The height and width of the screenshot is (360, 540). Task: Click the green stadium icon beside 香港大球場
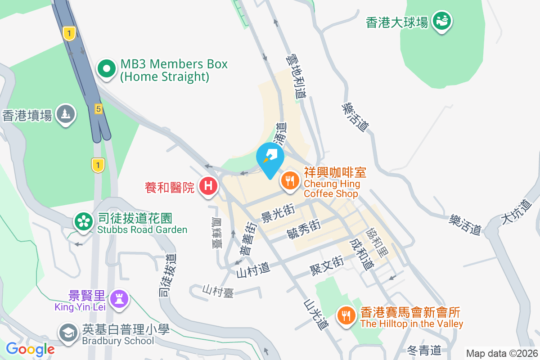[441, 20]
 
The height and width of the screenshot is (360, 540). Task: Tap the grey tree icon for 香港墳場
[66, 115]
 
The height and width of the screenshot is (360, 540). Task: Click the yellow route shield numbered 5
[98, 108]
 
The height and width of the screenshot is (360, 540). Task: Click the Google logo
[30, 349]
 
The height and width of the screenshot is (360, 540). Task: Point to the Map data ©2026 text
[501, 353]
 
